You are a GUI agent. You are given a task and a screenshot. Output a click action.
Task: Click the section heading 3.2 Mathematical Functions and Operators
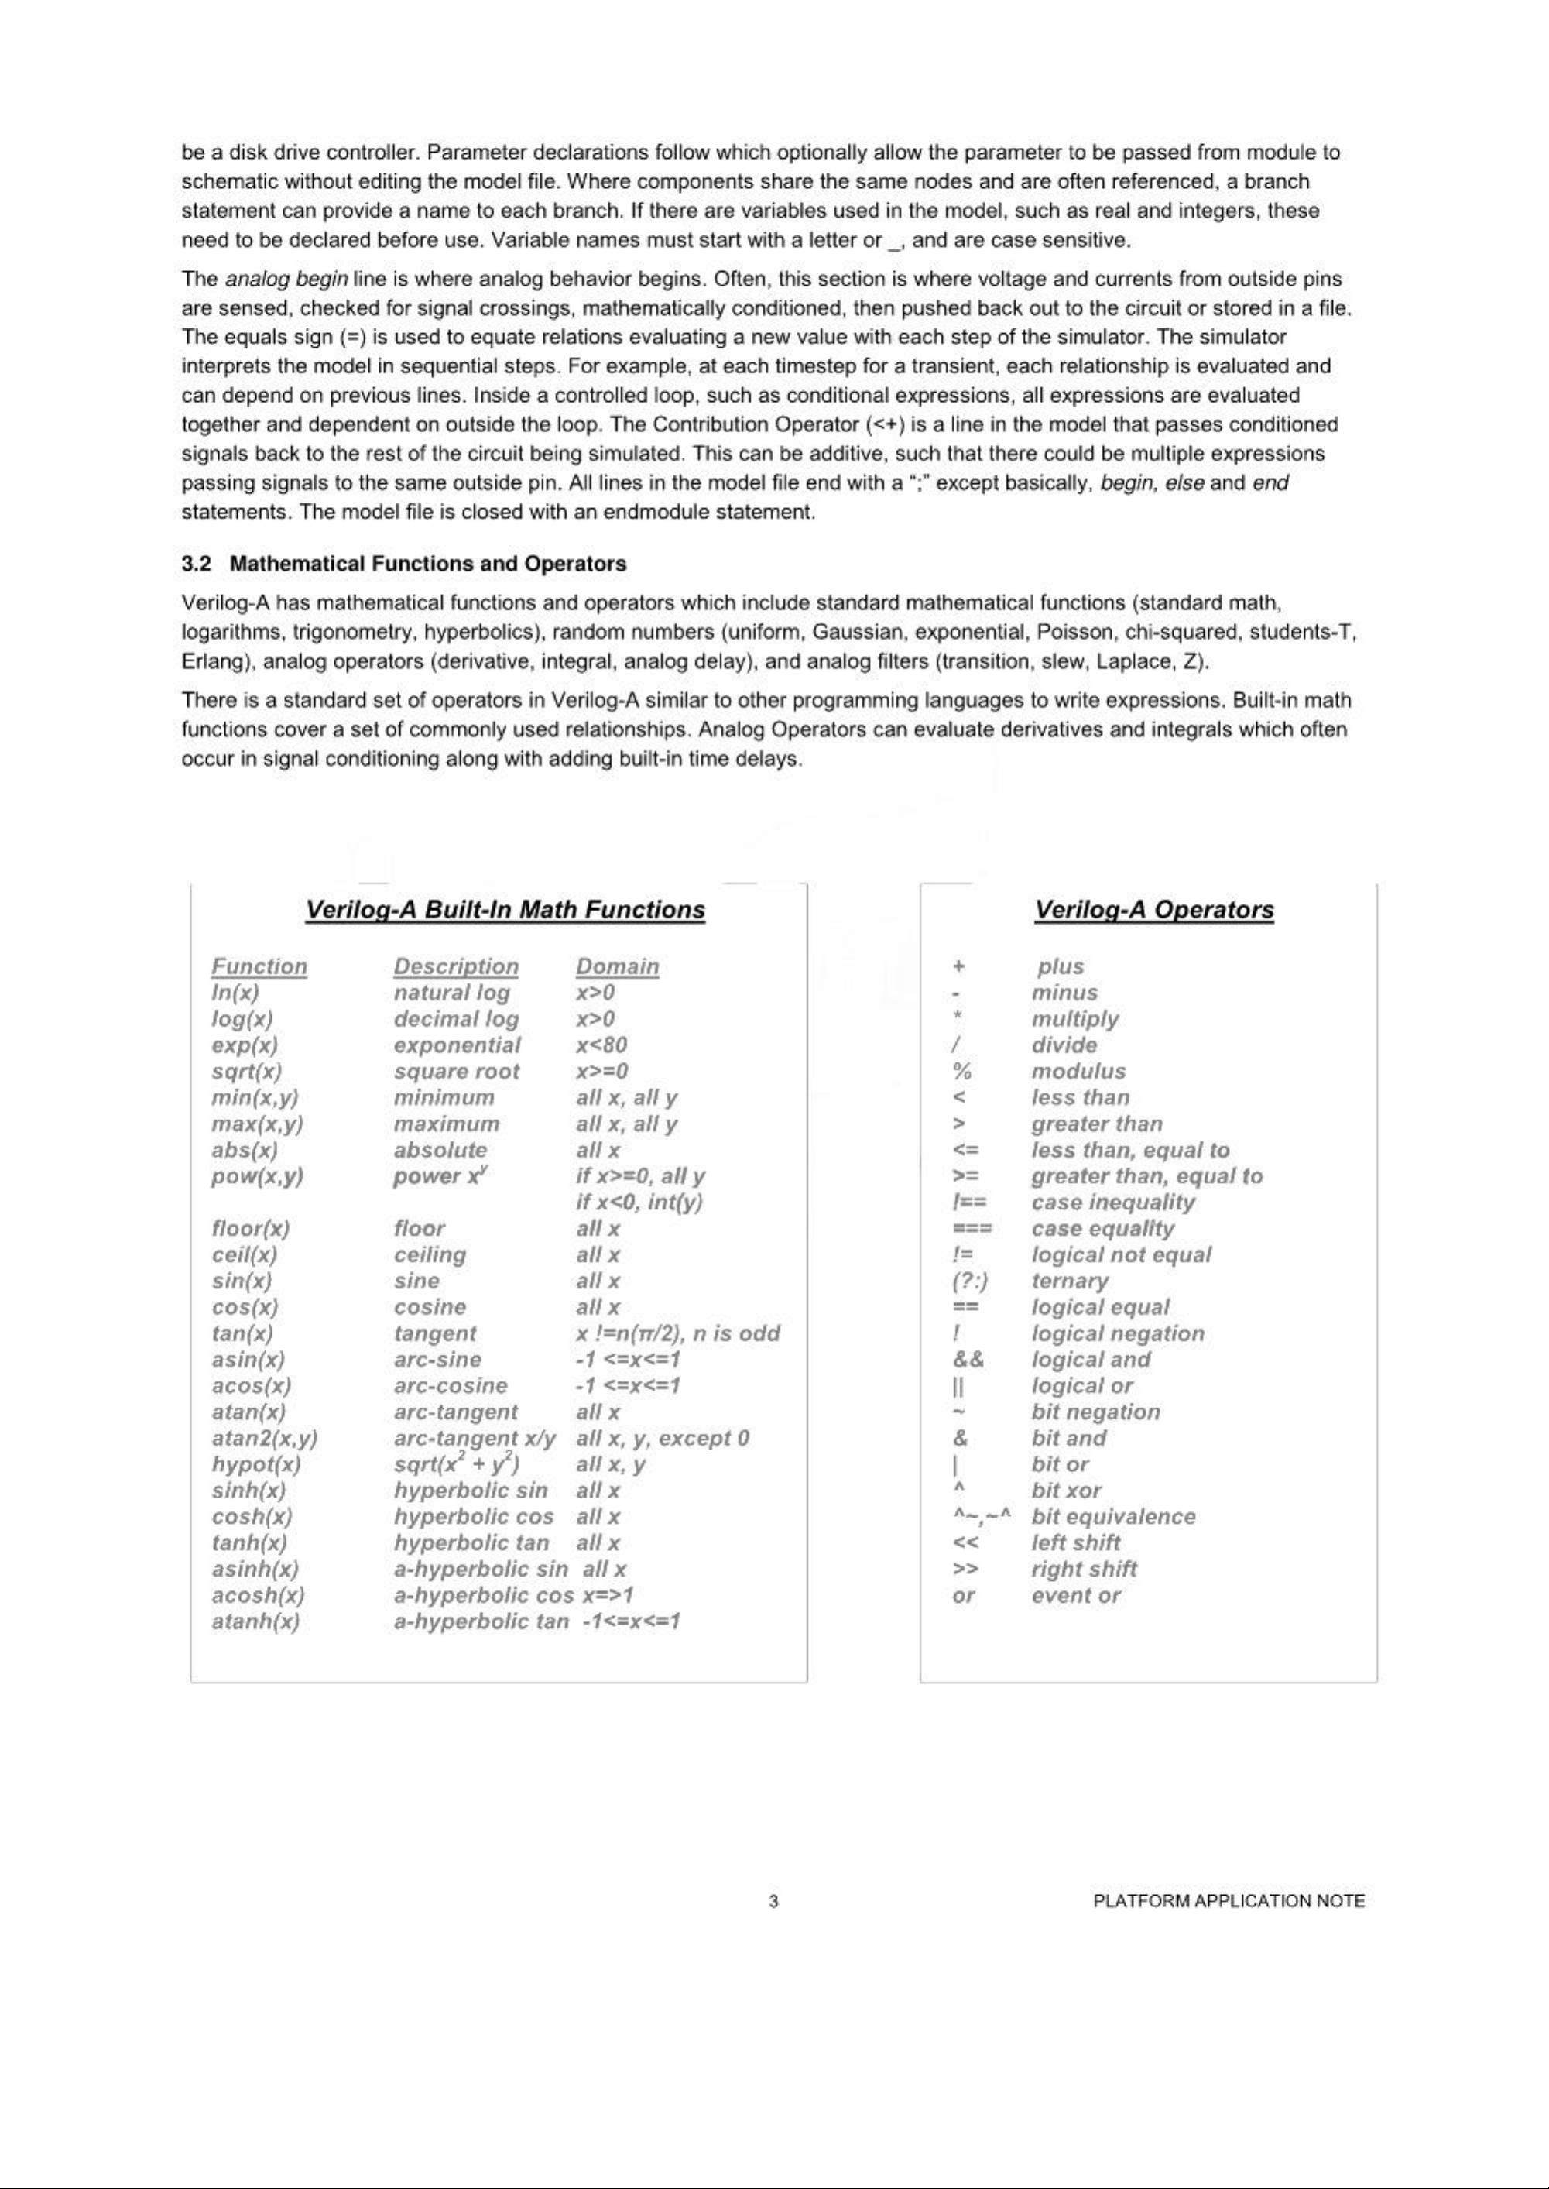[x=404, y=564]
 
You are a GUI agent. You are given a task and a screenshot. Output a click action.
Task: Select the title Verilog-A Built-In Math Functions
[x=505, y=910]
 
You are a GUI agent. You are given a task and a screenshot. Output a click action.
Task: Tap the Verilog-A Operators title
[x=1154, y=910]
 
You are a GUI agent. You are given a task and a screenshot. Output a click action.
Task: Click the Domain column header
[x=617, y=966]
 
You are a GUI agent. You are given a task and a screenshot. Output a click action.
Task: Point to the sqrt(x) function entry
[x=246, y=1071]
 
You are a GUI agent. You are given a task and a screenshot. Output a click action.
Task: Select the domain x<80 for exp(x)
[x=601, y=1045]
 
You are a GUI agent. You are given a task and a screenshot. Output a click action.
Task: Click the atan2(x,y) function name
[x=264, y=1439]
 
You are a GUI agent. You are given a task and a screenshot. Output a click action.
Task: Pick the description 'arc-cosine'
[x=451, y=1386]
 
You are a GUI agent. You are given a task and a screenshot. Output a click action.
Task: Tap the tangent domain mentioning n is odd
[x=678, y=1333]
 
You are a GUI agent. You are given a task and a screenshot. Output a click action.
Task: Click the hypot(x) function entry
[x=255, y=1464]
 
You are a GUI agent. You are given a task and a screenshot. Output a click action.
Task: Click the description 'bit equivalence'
[x=1113, y=1517]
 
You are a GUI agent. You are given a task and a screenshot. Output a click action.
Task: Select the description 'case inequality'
[x=1112, y=1202]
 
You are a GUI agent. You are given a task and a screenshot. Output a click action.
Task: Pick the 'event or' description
[x=1076, y=1595]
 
